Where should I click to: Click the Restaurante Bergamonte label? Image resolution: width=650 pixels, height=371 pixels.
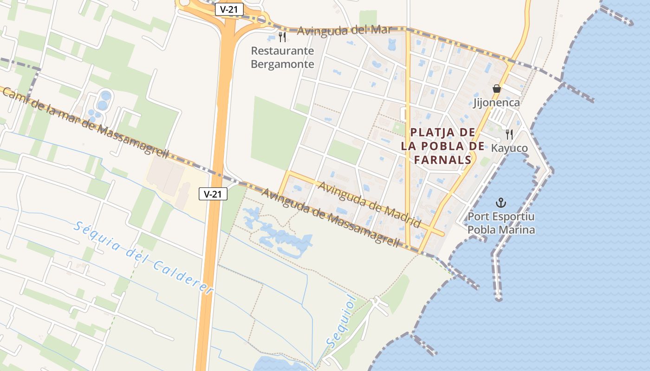(282, 58)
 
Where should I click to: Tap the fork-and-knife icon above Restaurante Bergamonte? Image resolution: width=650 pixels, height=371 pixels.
(282, 37)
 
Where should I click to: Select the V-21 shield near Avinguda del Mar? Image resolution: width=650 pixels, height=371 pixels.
(229, 9)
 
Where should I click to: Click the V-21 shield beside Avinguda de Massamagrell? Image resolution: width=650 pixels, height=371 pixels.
(213, 194)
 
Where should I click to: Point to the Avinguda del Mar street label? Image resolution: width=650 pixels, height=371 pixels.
(344, 31)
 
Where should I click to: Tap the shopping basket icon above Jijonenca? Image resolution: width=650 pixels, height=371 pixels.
(497, 88)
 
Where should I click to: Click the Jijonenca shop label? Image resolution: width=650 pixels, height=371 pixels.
(496, 102)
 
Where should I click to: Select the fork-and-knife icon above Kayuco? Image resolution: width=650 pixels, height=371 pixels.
(509, 134)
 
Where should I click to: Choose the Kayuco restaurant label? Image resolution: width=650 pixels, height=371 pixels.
(509, 148)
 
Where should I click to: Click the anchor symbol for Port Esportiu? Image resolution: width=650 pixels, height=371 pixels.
(500, 202)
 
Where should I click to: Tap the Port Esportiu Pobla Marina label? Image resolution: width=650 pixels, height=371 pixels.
(501, 223)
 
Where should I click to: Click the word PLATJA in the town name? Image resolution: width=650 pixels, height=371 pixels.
(428, 133)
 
